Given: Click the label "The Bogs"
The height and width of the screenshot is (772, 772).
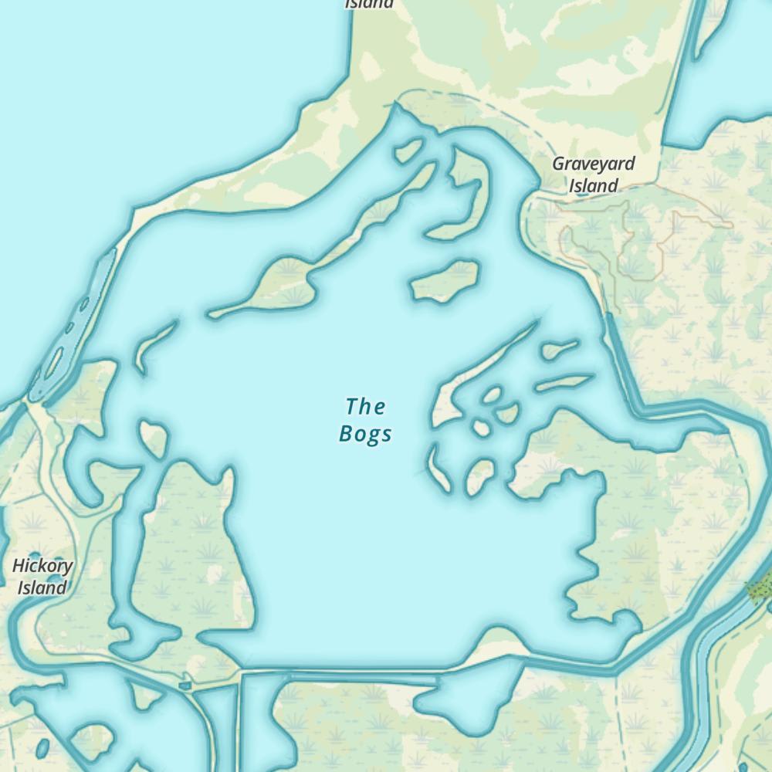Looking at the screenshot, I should pyautogui.click(x=365, y=420).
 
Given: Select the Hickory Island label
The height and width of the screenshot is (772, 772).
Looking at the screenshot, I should pyautogui.click(x=42, y=577).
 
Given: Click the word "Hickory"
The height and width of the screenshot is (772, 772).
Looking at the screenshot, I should pyautogui.click(x=42, y=566).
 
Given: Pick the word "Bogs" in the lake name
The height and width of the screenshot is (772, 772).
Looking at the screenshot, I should pyautogui.click(x=365, y=434).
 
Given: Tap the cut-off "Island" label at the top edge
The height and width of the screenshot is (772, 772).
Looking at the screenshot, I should pyautogui.click(x=369, y=4).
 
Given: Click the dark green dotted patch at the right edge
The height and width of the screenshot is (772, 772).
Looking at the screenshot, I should pyautogui.click(x=760, y=588).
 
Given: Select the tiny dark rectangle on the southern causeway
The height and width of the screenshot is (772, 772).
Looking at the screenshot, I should pyautogui.click(x=184, y=685).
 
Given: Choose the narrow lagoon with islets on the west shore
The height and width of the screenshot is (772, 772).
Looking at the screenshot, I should pyautogui.click(x=73, y=324).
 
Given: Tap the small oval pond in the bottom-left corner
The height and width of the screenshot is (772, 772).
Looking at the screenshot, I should pyautogui.click(x=42, y=747).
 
